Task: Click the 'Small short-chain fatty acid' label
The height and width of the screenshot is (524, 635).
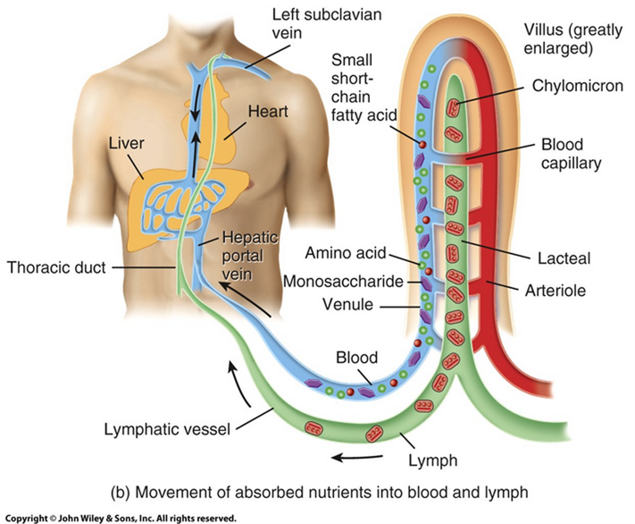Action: coord(358,88)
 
